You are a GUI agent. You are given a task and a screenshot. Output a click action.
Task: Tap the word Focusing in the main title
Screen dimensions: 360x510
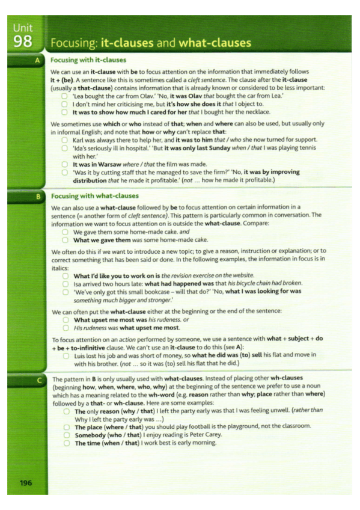(x=72, y=43)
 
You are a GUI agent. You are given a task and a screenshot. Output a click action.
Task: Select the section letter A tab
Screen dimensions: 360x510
(x=38, y=60)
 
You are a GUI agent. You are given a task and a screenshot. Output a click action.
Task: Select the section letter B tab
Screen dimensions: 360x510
(x=38, y=196)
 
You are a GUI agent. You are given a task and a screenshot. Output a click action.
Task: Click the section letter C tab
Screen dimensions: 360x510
(x=38, y=380)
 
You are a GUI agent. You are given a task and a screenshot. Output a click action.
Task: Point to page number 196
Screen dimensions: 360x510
(x=25, y=482)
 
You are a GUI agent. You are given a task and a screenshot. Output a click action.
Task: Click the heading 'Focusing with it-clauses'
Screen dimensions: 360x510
(x=88, y=60)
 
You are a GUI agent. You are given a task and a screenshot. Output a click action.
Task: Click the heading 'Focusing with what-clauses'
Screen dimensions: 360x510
(x=95, y=196)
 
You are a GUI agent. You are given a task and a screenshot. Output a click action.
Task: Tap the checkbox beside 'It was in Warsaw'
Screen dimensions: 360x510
(x=66, y=164)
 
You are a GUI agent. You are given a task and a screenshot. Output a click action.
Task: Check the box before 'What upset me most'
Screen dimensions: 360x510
(x=66, y=320)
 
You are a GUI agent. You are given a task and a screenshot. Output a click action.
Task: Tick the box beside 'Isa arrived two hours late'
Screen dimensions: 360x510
(x=66, y=283)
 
